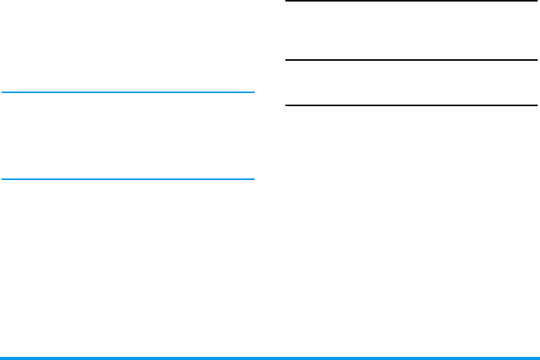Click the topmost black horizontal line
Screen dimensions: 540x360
[411, 1]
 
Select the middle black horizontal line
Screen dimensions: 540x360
[411, 60]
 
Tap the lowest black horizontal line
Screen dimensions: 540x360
[411, 105]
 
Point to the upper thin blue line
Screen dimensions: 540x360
[127, 92]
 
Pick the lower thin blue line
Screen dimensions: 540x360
[127, 179]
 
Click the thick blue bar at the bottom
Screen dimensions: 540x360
[269, 358]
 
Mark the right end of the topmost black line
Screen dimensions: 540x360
[535, 1]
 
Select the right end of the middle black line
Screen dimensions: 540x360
[535, 60]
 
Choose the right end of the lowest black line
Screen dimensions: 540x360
[535, 105]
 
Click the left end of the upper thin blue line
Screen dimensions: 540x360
[2, 92]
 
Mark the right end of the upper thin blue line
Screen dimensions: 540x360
[252, 92]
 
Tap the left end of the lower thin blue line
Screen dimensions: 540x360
[2, 179]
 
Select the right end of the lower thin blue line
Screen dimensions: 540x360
[252, 179]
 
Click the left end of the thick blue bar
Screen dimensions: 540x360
[2, 358]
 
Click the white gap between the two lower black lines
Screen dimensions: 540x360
[411, 82]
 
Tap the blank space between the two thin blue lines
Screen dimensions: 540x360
[127, 136]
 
